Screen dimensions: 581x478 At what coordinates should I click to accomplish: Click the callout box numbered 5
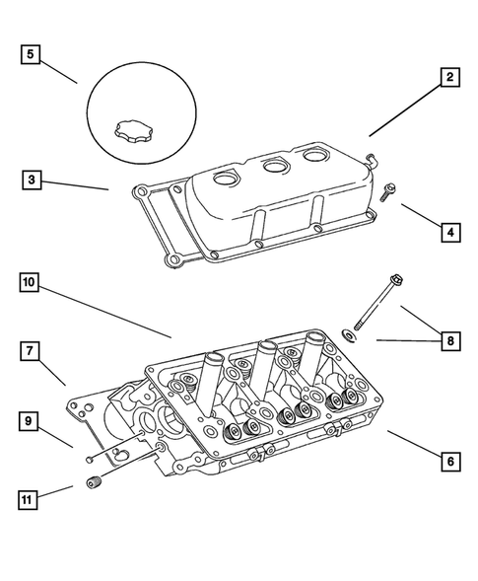pos(33,53)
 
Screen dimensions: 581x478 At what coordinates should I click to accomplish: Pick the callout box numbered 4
pos(448,233)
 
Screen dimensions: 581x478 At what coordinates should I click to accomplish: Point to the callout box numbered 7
pos(33,350)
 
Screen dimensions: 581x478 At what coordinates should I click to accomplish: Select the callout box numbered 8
pos(448,341)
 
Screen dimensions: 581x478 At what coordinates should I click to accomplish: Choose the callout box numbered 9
pos(33,422)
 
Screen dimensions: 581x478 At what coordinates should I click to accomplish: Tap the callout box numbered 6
pos(448,459)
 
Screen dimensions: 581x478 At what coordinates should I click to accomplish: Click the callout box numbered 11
pos(33,499)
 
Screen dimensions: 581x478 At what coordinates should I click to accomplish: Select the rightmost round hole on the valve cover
pos(316,155)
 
